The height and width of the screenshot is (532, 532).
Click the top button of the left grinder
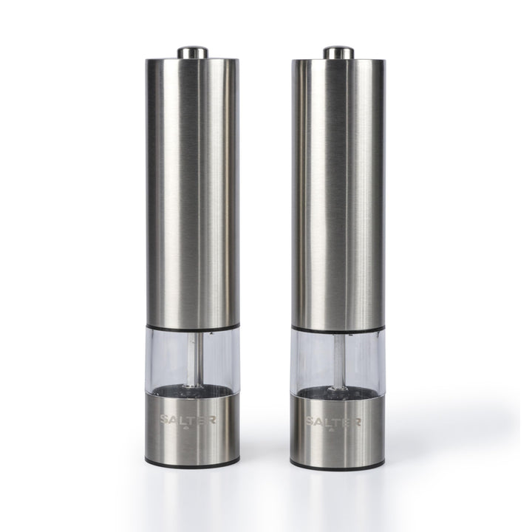(x=193, y=52)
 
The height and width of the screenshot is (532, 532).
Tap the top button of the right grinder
(x=338, y=52)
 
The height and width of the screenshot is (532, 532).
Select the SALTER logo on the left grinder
(x=188, y=420)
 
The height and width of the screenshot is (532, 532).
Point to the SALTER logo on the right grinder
(x=333, y=421)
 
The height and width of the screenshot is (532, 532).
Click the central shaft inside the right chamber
(x=339, y=361)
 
